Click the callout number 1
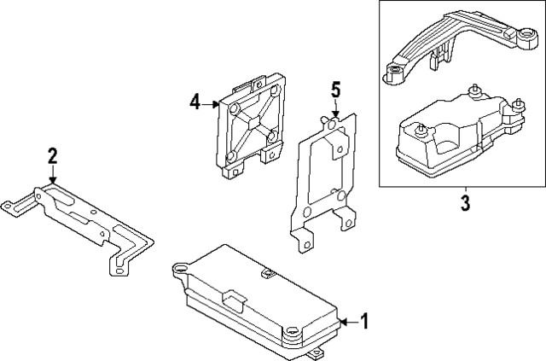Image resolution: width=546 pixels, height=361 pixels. pyautogui.click(x=364, y=322)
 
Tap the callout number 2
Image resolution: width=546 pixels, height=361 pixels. pyautogui.click(x=53, y=154)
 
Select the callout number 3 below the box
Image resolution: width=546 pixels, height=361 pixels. pyautogui.click(x=465, y=206)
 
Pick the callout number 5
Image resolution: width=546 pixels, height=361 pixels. pyautogui.click(x=335, y=90)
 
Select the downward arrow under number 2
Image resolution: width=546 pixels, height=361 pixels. pyautogui.click(x=53, y=173)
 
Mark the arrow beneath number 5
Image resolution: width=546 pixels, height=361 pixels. pyautogui.click(x=335, y=108)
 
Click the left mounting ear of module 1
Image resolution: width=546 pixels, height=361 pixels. pyautogui.click(x=180, y=269)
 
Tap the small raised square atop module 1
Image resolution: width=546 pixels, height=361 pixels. pyautogui.click(x=266, y=274)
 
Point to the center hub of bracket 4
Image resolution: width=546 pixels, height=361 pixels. pyautogui.click(x=250, y=122)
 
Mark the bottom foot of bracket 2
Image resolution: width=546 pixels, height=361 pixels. pyautogui.click(x=118, y=271)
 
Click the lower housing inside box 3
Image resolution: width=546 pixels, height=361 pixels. pyautogui.click(x=452, y=141)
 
